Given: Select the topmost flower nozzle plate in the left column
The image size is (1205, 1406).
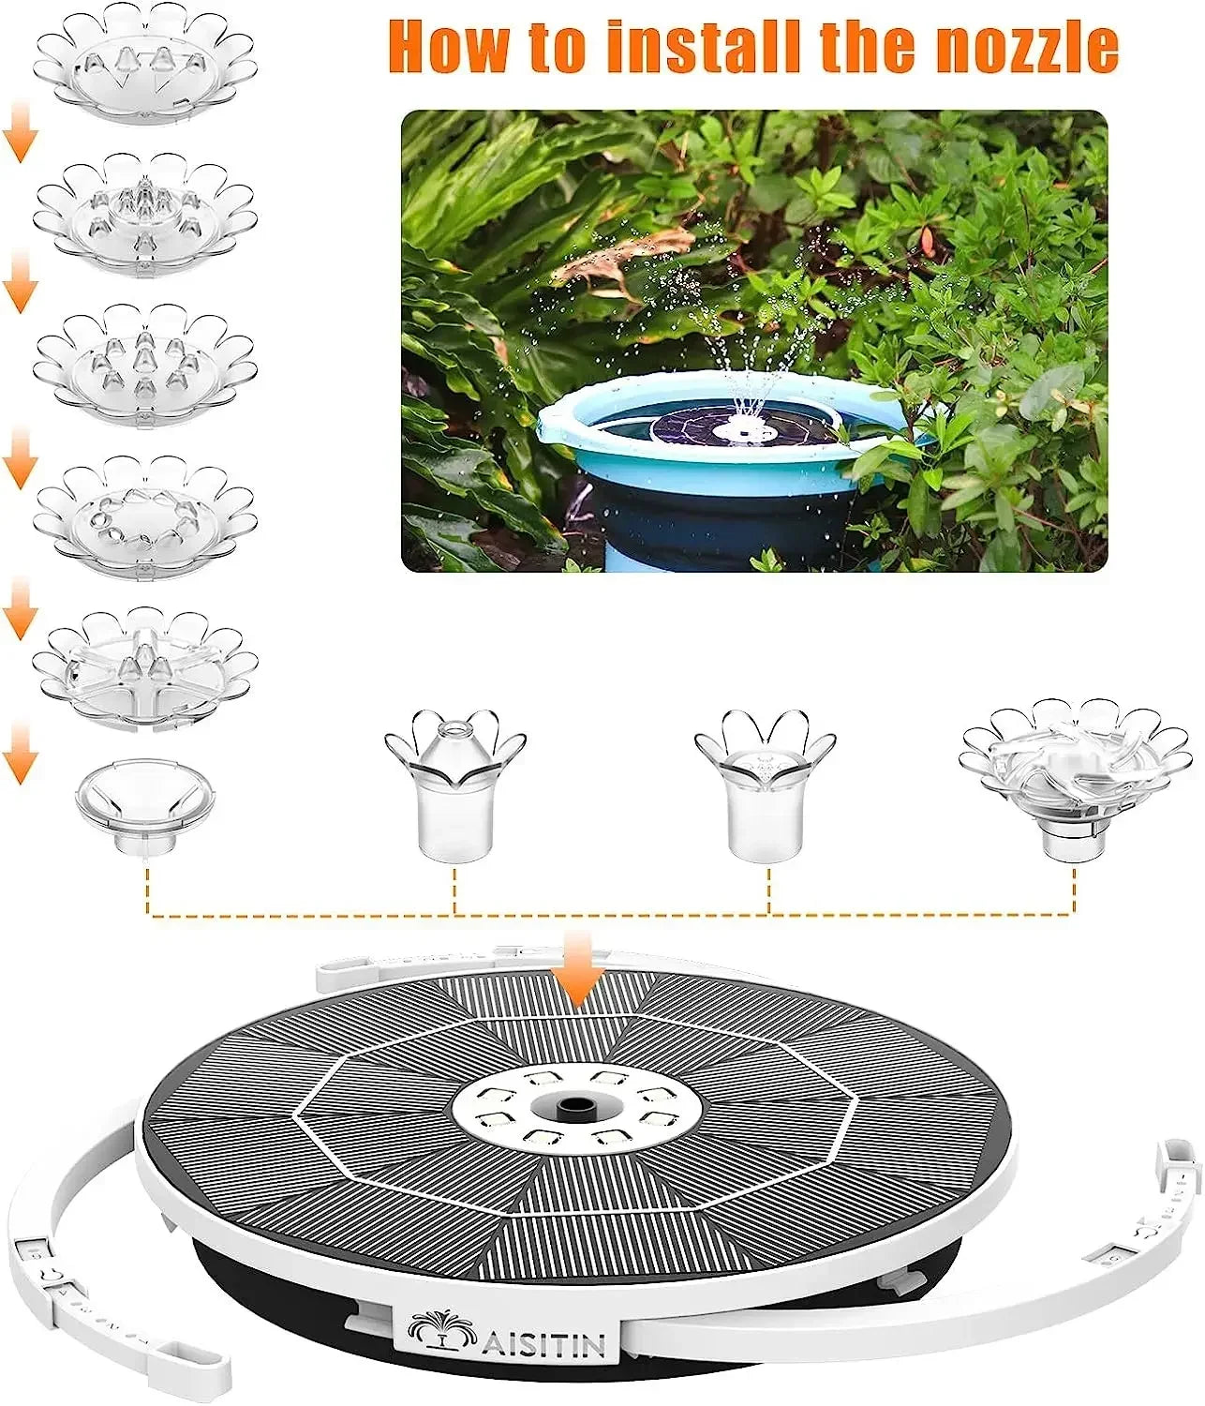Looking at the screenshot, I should [x=145, y=64].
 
